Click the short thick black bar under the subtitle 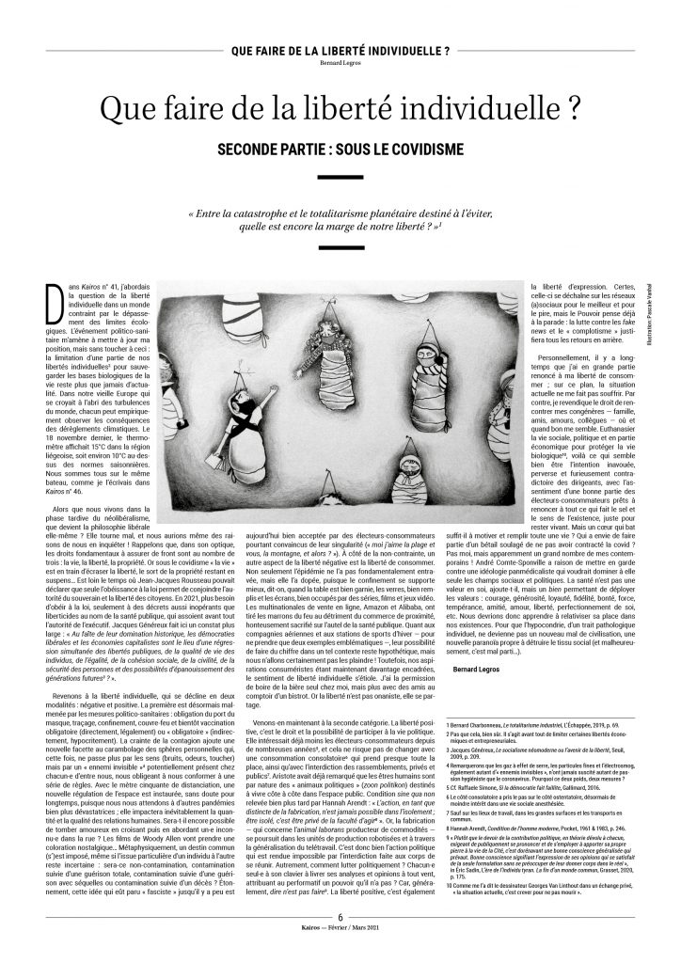[x=340, y=177]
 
